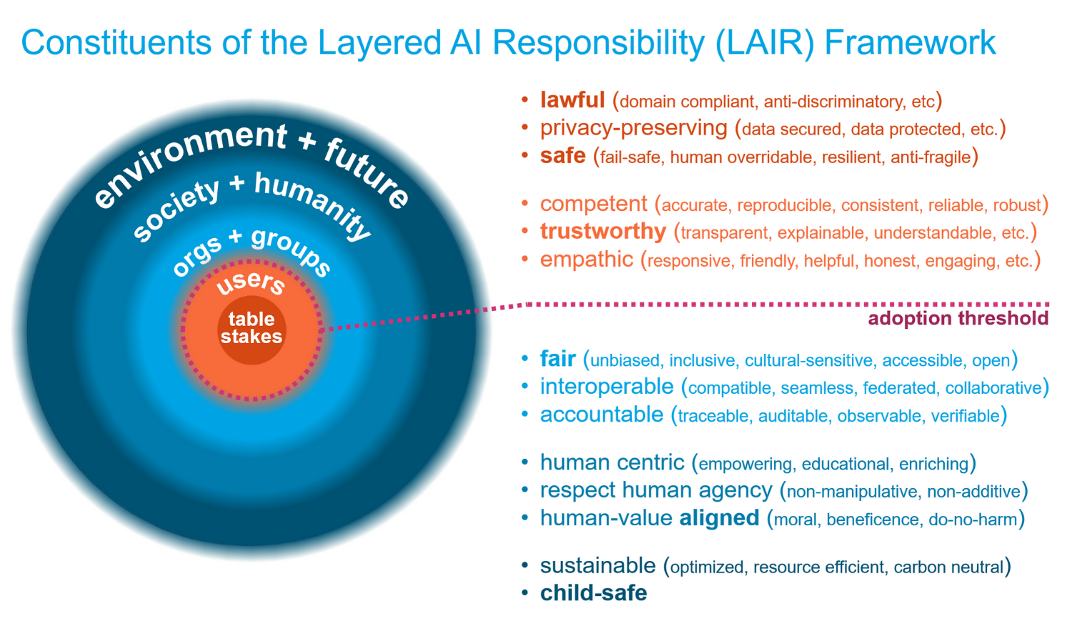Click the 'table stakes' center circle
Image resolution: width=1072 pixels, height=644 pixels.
coord(252,330)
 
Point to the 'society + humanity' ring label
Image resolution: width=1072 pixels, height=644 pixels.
coord(252,206)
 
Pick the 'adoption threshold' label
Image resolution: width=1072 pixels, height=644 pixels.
coord(958,318)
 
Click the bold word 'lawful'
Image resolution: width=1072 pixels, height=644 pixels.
coord(572,100)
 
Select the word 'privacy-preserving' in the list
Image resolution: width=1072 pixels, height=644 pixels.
coord(634,129)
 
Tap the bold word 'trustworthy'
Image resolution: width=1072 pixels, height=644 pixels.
coord(603,232)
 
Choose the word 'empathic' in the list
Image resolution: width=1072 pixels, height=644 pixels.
coord(587,259)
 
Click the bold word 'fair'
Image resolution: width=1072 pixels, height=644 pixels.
coord(557,359)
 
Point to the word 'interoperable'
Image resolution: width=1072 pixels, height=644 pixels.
coord(607,387)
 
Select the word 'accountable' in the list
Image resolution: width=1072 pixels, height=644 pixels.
coord(602,415)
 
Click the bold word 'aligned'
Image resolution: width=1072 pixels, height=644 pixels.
coord(719,518)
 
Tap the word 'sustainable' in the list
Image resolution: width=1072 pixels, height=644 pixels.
coord(597,565)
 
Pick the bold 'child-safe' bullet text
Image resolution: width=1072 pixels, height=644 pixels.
coord(593,593)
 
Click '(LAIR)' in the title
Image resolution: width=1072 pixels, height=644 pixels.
coord(764,43)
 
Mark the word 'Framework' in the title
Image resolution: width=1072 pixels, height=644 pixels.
coord(910,42)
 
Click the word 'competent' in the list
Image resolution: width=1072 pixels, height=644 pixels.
coord(593,204)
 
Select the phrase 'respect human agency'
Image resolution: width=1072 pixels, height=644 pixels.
coord(656,490)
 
